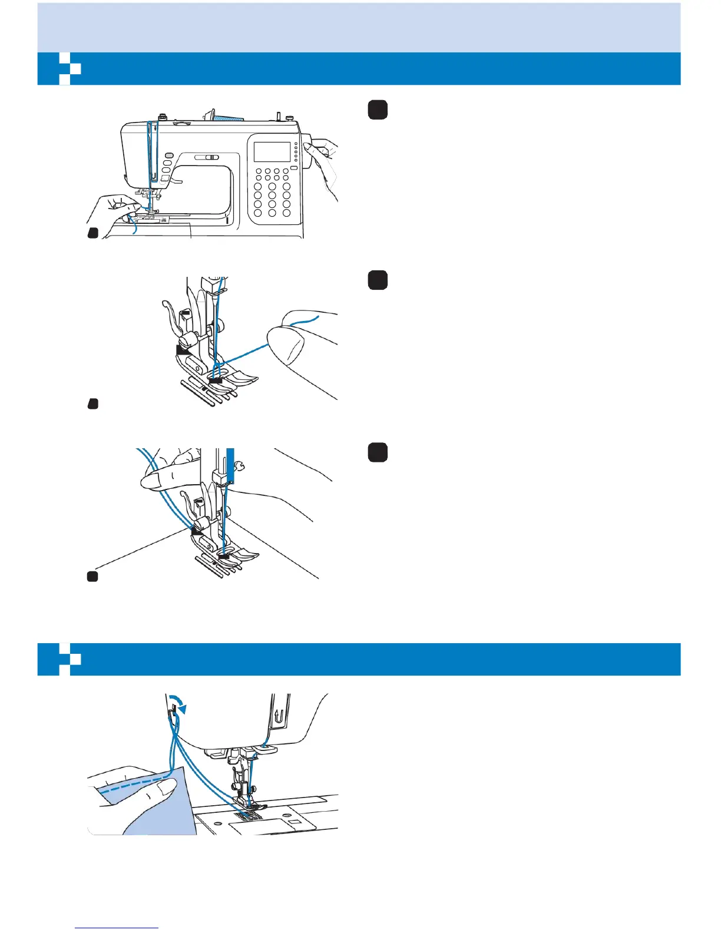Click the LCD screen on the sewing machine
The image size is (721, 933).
click(272, 151)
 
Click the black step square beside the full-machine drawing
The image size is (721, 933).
click(378, 110)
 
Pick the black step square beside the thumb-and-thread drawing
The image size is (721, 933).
click(378, 280)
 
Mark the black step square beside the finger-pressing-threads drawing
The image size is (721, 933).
click(378, 452)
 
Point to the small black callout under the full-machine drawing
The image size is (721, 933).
click(92, 233)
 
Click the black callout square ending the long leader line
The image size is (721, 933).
click(92, 576)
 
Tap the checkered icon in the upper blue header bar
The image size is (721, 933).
click(65, 68)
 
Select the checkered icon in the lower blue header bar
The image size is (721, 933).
click(65, 659)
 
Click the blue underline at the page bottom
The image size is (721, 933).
click(117, 928)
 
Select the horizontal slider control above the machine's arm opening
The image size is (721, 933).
click(207, 157)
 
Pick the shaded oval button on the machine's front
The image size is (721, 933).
click(168, 155)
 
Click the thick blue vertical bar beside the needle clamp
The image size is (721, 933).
click(230, 465)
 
